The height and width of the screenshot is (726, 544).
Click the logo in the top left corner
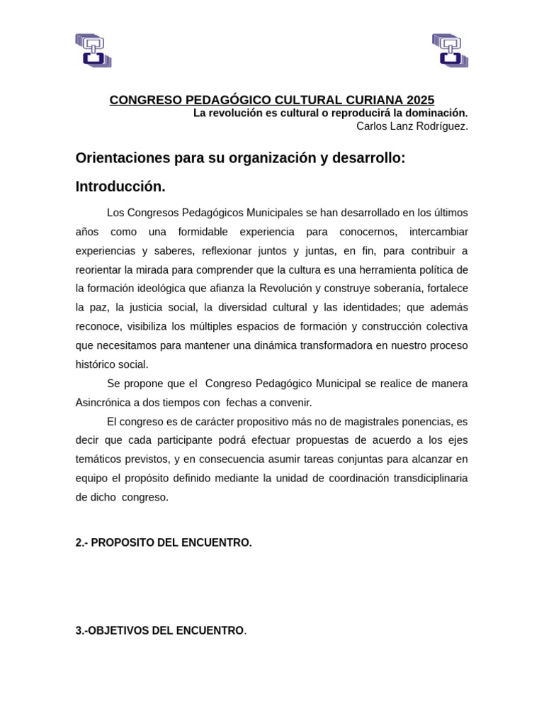click(93, 50)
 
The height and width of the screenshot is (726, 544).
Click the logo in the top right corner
click(450, 50)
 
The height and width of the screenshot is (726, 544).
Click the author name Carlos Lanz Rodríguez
click(412, 126)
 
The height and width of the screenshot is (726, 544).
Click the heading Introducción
click(120, 186)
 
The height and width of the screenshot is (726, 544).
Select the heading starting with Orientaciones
click(240, 158)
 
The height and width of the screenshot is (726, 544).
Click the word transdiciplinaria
click(423, 478)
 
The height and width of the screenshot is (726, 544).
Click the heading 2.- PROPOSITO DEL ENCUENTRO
click(164, 542)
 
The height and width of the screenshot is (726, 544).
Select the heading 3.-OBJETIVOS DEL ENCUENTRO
click(161, 630)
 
